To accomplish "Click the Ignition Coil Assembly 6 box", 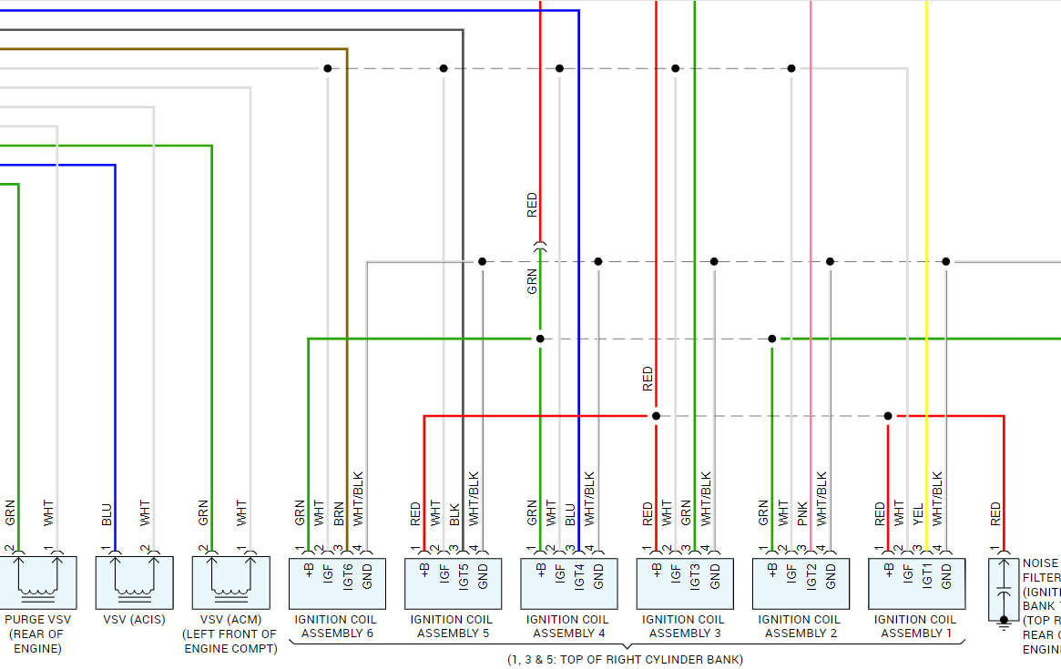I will tap(336, 583).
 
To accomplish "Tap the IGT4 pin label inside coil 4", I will tap(579, 576).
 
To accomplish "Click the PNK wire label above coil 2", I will tap(802, 513).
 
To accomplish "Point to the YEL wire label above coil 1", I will tap(918, 513).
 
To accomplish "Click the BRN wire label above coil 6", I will tap(339, 513).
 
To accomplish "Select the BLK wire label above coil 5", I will tap(454, 513).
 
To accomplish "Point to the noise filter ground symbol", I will tap(1004, 623).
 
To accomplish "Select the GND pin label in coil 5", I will tap(483, 575).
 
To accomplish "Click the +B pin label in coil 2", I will tap(772, 571).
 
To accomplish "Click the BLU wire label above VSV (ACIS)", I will tap(107, 514).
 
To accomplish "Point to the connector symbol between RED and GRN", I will tap(540, 245).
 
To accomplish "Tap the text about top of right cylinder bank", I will tap(625, 659).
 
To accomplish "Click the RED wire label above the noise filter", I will tap(995, 513).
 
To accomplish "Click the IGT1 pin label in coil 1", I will tap(927, 576).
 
